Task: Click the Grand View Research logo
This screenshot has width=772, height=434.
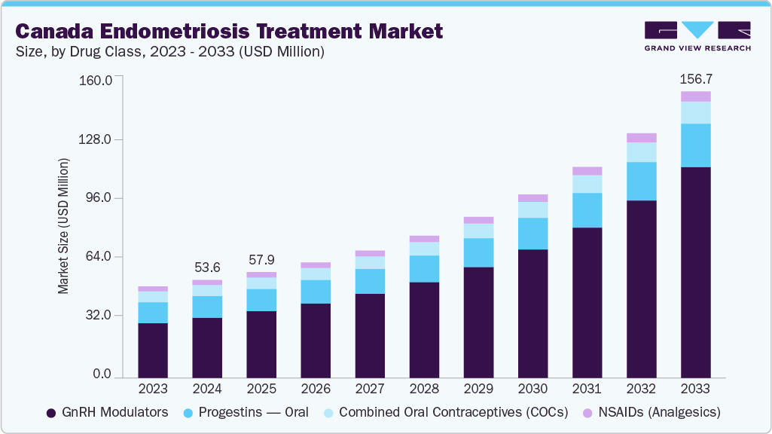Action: pyautogui.click(x=697, y=36)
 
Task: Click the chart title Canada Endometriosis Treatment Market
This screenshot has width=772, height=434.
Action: pyautogui.click(x=229, y=31)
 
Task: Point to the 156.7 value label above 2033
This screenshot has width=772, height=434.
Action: pyautogui.click(x=695, y=78)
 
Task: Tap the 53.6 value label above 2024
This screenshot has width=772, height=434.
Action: pyautogui.click(x=207, y=267)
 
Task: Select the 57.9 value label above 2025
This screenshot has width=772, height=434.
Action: pyautogui.click(x=261, y=259)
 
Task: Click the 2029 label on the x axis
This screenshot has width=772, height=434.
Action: pyautogui.click(x=478, y=388)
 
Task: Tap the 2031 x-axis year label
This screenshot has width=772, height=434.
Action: pyautogui.click(x=587, y=388)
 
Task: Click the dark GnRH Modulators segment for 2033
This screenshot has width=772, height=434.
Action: pyautogui.click(x=696, y=271)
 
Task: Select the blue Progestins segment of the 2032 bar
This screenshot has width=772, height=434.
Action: pyautogui.click(x=642, y=181)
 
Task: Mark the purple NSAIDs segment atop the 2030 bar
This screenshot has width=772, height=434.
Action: pyautogui.click(x=532, y=198)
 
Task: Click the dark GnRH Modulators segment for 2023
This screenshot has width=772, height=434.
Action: pyautogui.click(x=153, y=350)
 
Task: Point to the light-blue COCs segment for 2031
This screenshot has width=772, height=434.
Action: pyautogui.click(x=587, y=184)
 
